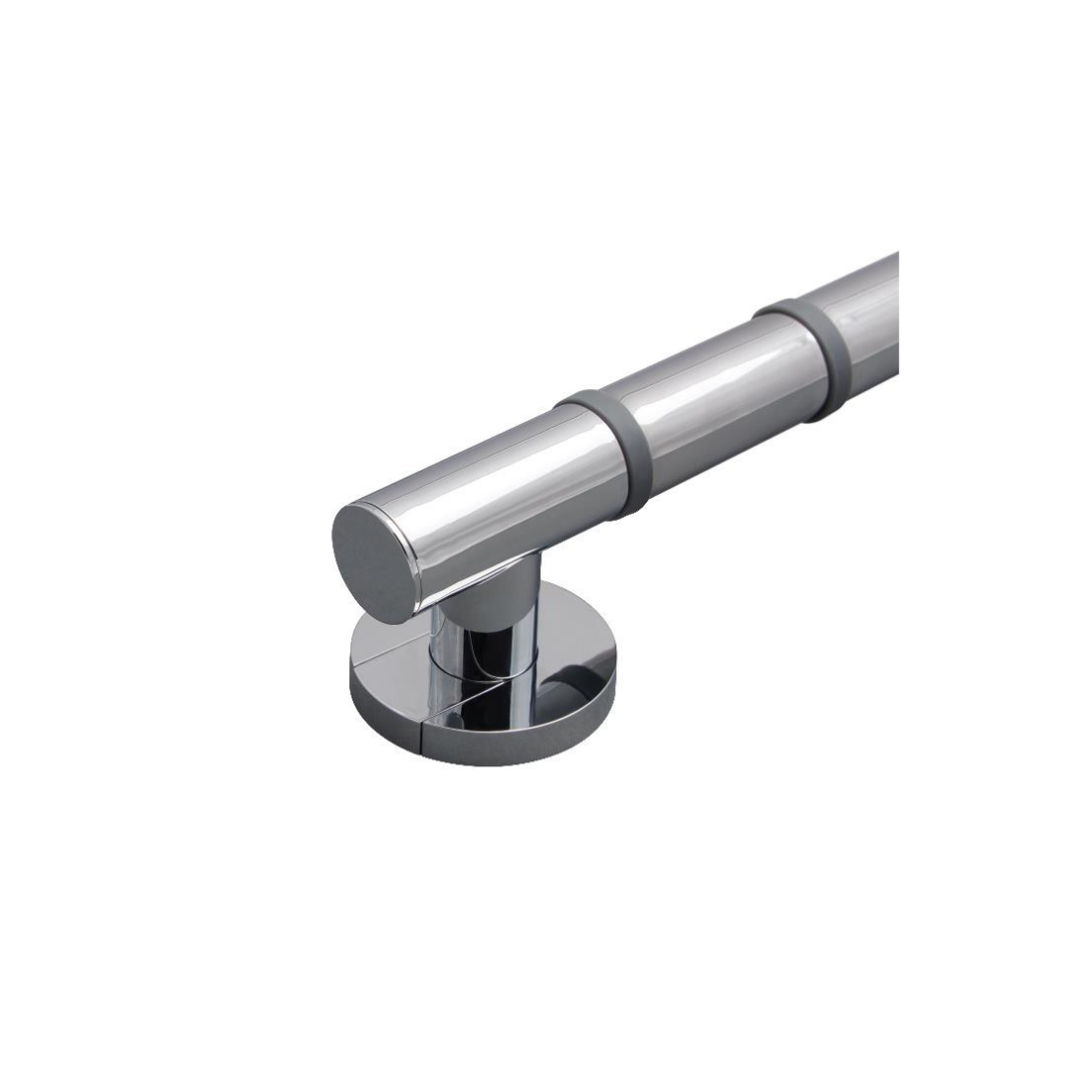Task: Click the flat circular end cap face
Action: tap(370, 561)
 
